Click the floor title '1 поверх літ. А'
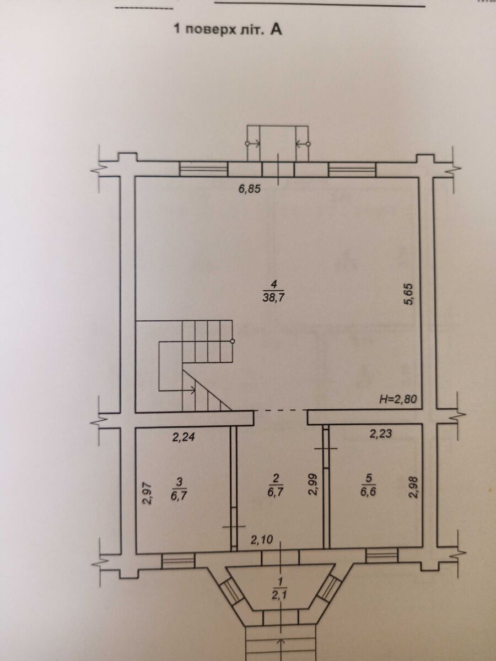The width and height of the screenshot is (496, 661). [x=228, y=30]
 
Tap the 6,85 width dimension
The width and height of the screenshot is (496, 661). [x=249, y=189]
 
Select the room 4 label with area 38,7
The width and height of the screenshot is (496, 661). [x=274, y=291]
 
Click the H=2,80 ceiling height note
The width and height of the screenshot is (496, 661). [x=398, y=399]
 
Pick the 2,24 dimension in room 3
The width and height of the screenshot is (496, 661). [x=184, y=437]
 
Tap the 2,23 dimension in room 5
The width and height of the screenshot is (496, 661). [x=381, y=434]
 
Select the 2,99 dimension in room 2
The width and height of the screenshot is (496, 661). [x=314, y=485]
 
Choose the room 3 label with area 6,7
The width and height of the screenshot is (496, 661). [x=179, y=490]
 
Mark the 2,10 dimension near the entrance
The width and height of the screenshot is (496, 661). [x=262, y=540]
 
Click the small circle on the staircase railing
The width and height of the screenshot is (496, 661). [x=233, y=341]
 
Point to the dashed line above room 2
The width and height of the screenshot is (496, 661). [x=281, y=410]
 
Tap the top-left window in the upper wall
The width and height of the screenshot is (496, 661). [x=203, y=169]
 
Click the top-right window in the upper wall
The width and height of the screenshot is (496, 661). [x=352, y=170]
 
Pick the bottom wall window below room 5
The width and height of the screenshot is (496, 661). [x=381, y=554]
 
